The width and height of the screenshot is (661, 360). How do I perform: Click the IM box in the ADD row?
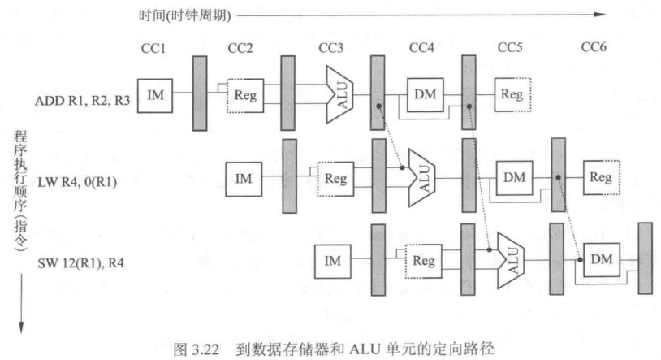[155, 96]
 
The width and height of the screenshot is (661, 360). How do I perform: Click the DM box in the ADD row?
[424, 96]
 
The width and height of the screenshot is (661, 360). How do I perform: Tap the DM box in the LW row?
[512, 177]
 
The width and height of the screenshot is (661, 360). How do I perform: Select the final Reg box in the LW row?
[601, 177]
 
